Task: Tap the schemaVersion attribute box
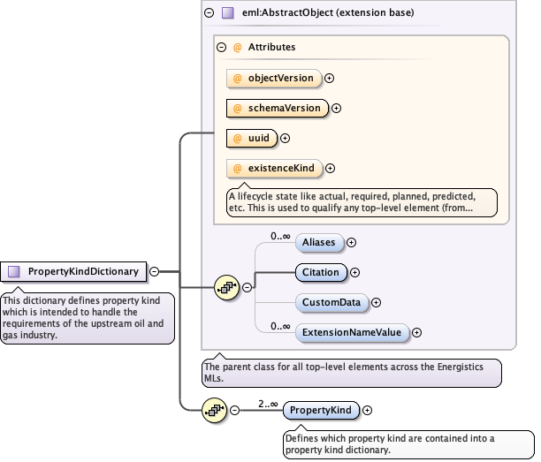277,108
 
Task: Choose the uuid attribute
252,138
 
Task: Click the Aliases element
319,242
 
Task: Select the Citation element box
320,272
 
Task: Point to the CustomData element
331,302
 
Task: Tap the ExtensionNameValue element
351,332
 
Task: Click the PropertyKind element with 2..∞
321,410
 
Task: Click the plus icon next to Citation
355,273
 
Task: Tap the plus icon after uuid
286,138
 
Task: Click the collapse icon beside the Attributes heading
222,47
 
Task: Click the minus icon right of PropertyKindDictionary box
155,272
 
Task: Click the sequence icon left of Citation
227,287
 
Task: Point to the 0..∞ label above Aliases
280,235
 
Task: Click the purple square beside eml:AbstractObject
228,13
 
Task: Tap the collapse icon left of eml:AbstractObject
209,13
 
